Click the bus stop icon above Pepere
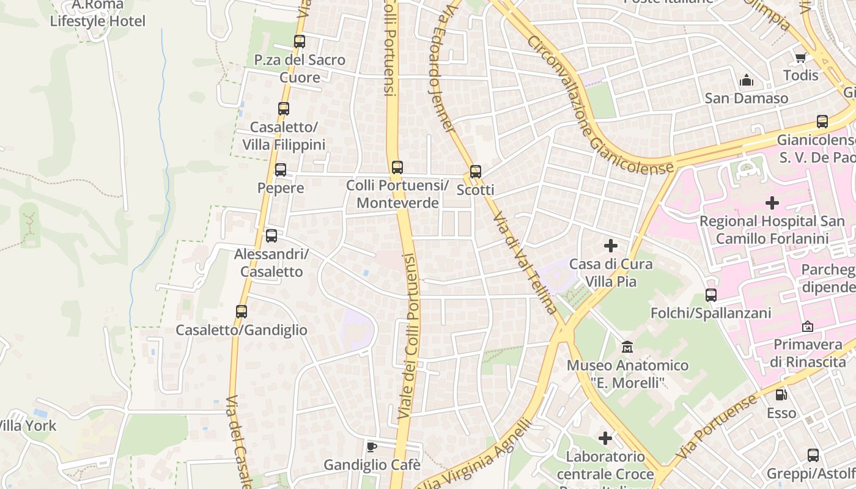[281, 170]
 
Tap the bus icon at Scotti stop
[476, 172]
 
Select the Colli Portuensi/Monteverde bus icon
[397, 167]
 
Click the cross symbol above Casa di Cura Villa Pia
[610, 246]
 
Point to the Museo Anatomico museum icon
[627, 347]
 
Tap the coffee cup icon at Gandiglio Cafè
[371, 447]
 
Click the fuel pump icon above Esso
[781, 395]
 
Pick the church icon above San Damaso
[746, 80]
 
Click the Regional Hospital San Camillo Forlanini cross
[772, 202]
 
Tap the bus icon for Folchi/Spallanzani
[711, 295]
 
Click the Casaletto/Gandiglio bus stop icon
[242, 312]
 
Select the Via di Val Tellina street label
[525, 263]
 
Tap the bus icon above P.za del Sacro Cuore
[300, 42]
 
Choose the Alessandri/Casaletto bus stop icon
[271, 236]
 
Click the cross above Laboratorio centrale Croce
[605, 438]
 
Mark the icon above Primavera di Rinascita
[807, 326]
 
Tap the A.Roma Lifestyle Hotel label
[98, 13]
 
